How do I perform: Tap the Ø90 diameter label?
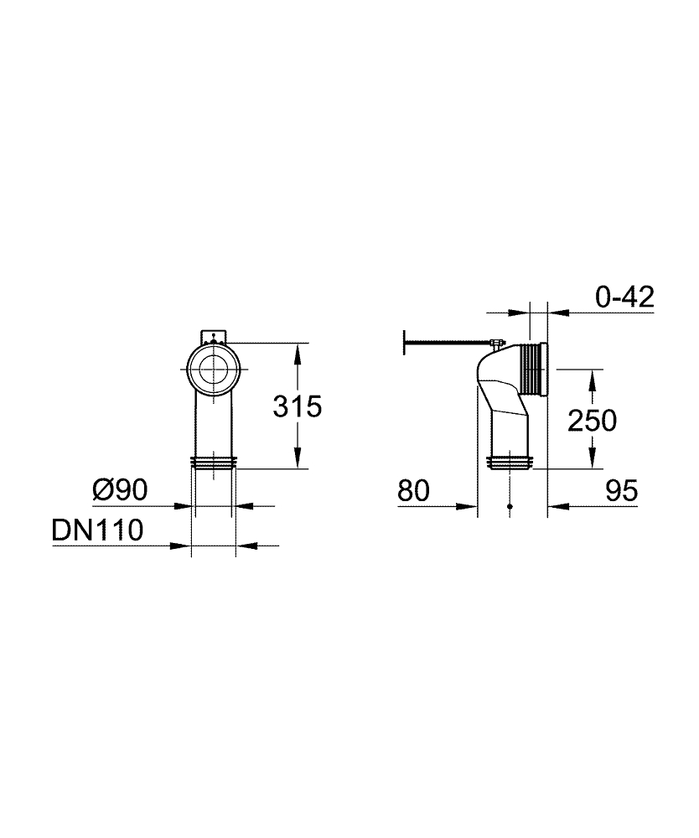tap(120, 489)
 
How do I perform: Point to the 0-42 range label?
tap(624, 297)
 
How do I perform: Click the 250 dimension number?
tap(592, 420)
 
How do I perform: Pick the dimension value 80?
tap(413, 490)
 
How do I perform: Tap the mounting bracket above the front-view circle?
tap(215, 336)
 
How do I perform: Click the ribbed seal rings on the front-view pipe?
tap(215, 462)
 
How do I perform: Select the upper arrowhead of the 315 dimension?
tap(298, 351)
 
